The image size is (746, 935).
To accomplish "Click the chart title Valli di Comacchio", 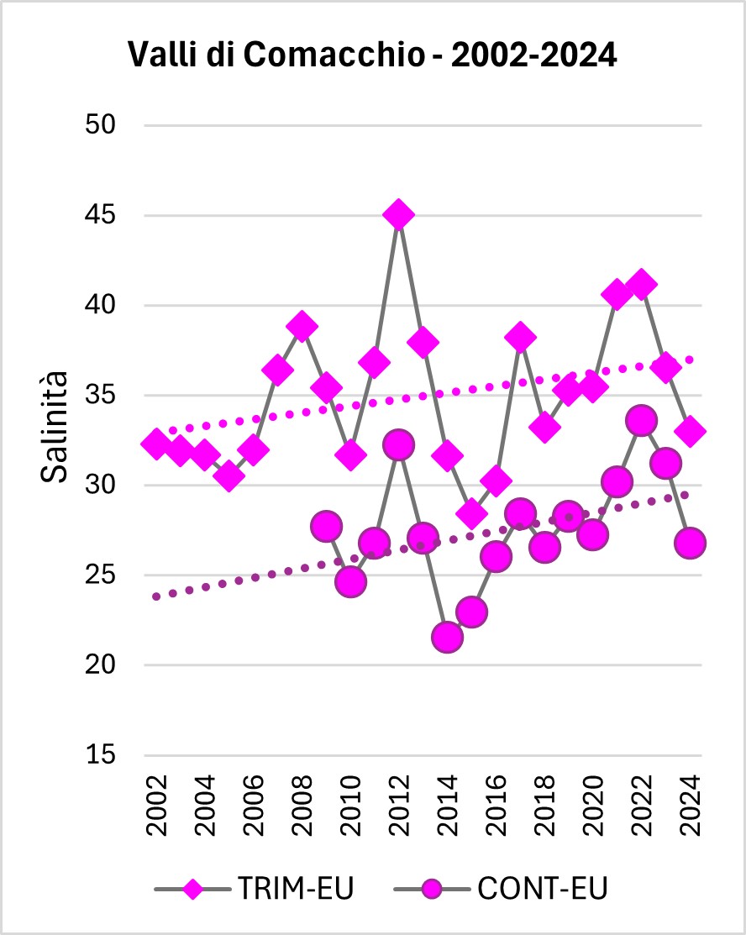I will click(x=372, y=55).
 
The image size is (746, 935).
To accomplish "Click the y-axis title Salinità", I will click(x=55, y=428).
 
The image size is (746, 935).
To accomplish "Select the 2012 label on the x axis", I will click(x=399, y=806).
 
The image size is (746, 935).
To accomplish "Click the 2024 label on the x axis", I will click(x=691, y=806).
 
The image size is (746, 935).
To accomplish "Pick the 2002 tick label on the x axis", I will click(x=155, y=806).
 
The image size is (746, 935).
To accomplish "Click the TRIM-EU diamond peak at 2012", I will click(x=399, y=215).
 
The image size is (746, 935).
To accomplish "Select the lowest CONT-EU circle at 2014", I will click(x=447, y=638).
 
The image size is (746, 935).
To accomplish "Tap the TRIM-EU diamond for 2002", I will click(x=155, y=444).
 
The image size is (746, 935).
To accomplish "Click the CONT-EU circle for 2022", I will click(x=642, y=420).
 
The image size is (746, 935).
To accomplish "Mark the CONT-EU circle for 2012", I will click(x=399, y=444).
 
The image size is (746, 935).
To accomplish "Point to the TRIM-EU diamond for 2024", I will click(x=691, y=432).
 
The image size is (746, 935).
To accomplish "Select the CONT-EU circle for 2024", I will click(x=691, y=543).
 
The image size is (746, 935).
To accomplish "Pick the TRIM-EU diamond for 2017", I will click(x=520, y=337).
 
